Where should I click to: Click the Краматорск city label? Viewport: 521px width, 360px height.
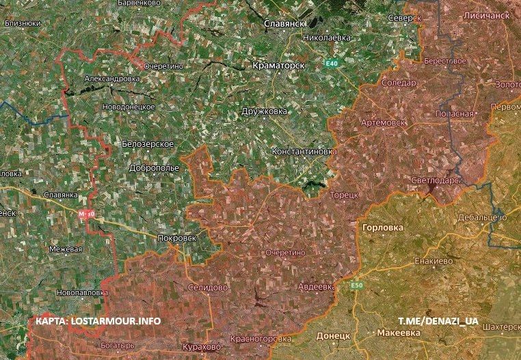(x=277, y=65)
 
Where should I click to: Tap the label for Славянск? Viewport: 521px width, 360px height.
(x=284, y=23)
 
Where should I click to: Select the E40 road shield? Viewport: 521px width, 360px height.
(x=332, y=64)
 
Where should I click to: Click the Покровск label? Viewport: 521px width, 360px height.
(x=176, y=238)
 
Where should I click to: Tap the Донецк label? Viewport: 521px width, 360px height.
(x=334, y=336)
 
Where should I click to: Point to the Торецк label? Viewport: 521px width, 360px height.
(x=345, y=195)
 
